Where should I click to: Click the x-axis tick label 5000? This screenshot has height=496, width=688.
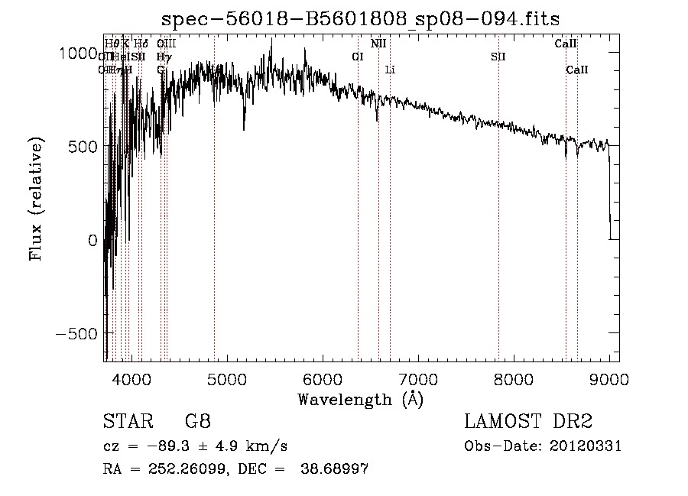[x=226, y=378]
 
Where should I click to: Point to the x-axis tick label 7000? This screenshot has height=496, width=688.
[x=417, y=378]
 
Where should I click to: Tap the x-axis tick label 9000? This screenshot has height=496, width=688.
[x=609, y=378]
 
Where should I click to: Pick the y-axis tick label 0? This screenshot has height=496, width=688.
[x=92, y=241]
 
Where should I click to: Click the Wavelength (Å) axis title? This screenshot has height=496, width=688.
[x=360, y=399]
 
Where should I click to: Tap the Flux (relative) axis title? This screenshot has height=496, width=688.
[x=36, y=198]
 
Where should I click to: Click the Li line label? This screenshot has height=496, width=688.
[x=390, y=70]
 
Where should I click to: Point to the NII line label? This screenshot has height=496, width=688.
[x=378, y=44]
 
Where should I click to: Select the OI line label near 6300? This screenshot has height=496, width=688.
[x=358, y=57]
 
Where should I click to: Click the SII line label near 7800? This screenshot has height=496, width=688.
[x=498, y=57]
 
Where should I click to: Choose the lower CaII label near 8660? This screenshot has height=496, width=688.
[x=577, y=70]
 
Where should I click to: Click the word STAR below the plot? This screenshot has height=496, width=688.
[x=127, y=422]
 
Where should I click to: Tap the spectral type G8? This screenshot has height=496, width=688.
[x=198, y=422]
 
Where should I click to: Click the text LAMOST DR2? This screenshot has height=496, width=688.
[x=528, y=422]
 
